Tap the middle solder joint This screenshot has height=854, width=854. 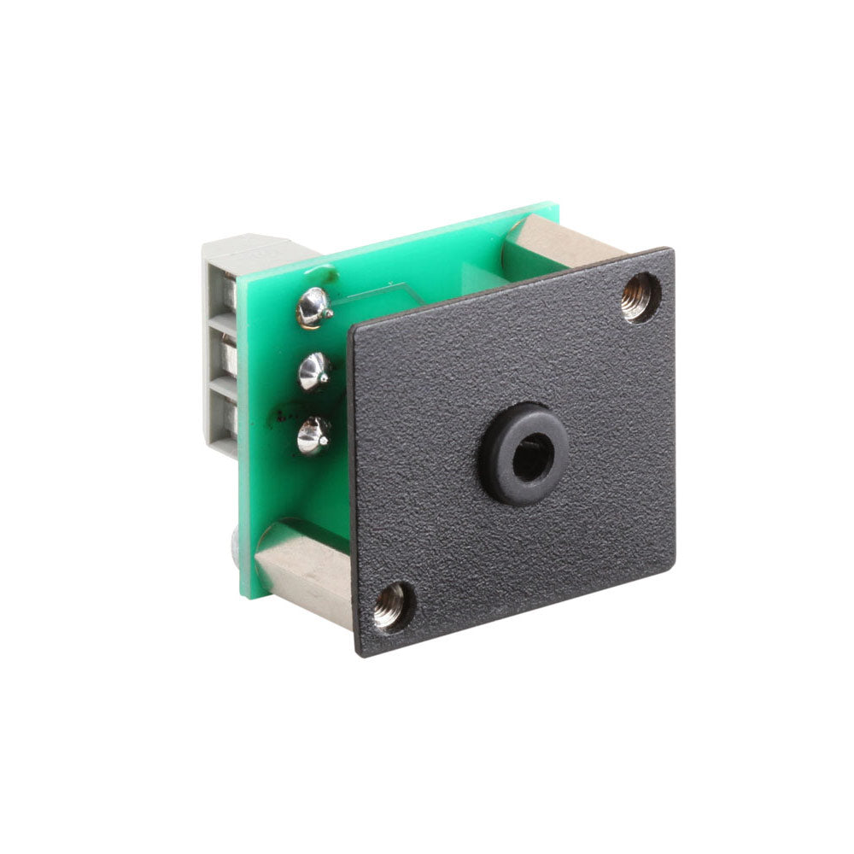pos(314,370)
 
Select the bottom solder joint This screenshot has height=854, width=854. pos(313,434)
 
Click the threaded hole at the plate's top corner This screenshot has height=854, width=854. pos(640,296)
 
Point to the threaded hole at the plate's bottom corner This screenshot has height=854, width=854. pos(390,607)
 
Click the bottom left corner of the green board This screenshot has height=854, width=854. pos(246,595)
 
